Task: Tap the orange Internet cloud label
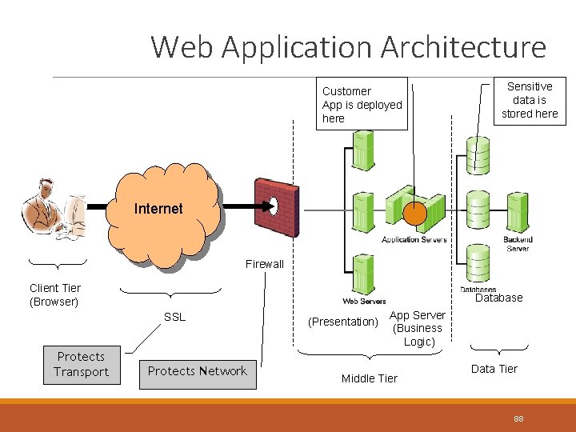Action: click(x=158, y=209)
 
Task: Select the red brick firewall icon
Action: click(x=275, y=207)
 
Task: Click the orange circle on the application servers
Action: click(x=414, y=214)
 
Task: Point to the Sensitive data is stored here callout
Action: click(x=529, y=100)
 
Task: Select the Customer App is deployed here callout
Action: click(x=362, y=105)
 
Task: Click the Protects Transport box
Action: click(x=81, y=364)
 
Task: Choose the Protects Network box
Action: click(x=197, y=371)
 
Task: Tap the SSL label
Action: click(x=174, y=317)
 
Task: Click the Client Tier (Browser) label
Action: click(x=54, y=294)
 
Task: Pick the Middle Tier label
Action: click(x=369, y=378)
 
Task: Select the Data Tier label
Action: click(x=494, y=369)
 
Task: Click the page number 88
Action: click(x=518, y=418)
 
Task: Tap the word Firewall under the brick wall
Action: click(x=264, y=264)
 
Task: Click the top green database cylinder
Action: click(x=478, y=154)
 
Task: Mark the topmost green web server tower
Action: click(x=363, y=150)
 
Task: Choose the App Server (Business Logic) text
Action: click(x=418, y=328)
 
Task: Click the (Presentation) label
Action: click(x=343, y=322)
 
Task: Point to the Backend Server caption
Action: click(x=517, y=244)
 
